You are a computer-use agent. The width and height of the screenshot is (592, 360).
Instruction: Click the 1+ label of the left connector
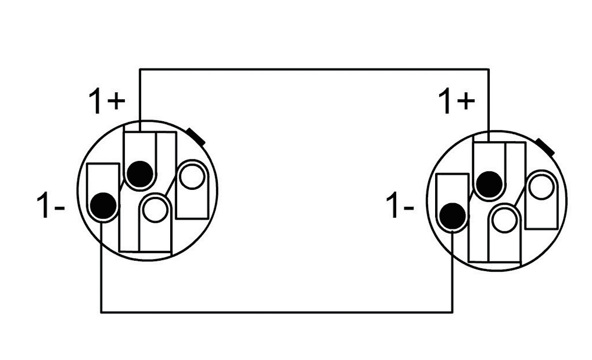click(x=106, y=101)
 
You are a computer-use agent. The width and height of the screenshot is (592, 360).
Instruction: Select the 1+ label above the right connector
click(x=456, y=102)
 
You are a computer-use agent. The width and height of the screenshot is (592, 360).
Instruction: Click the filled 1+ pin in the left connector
click(x=139, y=173)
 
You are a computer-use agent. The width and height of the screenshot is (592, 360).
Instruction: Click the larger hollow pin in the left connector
click(x=191, y=176)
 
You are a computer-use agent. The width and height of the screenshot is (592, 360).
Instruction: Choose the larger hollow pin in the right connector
click(x=541, y=188)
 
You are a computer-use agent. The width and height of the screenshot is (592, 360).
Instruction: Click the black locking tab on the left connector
click(x=195, y=136)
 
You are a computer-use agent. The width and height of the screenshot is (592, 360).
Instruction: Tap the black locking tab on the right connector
click(x=546, y=146)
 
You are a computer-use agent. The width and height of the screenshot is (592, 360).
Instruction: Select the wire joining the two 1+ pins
click(x=314, y=69)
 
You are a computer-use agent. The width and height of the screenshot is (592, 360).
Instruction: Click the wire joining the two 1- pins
click(x=276, y=312)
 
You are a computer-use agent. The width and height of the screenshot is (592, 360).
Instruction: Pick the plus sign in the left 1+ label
click(x=115, y=102)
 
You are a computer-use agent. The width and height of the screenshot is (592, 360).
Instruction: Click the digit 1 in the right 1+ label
click(x=445, y=102)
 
